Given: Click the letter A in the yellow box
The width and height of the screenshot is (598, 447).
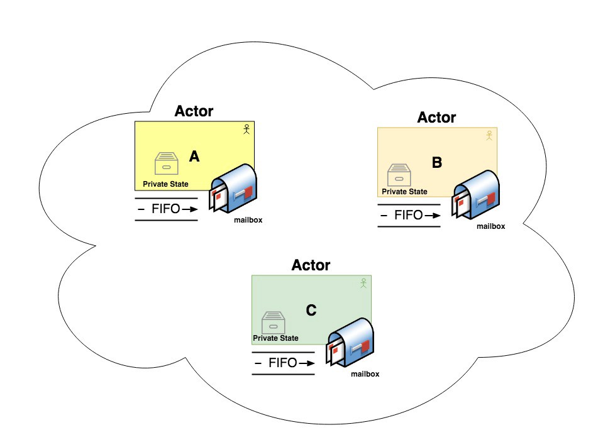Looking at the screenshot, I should [x=194, y=157].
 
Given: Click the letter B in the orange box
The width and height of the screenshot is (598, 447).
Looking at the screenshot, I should [x=437, y=163].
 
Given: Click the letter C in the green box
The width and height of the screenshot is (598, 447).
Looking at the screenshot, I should [x=311, y=310].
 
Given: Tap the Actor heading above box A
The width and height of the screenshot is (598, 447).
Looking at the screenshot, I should [x=194, y=111].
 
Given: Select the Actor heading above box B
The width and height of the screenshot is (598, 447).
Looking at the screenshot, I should [x=436, y=118].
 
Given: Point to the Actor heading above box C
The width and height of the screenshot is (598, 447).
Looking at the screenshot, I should [x=311, y=265].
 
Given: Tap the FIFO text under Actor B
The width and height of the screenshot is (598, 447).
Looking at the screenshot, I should [x=409, y=215].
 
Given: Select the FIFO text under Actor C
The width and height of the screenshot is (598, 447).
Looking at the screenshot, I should [x=283, y=363].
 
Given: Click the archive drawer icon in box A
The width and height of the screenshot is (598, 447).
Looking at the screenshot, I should [x=167, y=163].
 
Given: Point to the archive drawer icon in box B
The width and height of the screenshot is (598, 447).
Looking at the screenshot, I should [x=398, y=175].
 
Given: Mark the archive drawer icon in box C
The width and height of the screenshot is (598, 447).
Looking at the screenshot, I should [x=273, y=323].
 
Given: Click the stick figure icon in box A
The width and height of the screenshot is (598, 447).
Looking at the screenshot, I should [x=247, y=130].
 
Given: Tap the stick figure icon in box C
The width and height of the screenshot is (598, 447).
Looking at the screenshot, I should [x=363, y=284].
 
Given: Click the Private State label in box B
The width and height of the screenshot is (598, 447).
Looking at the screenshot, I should [x=404, y=192].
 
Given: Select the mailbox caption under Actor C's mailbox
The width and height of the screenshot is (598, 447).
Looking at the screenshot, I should [x=365, y=374].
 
